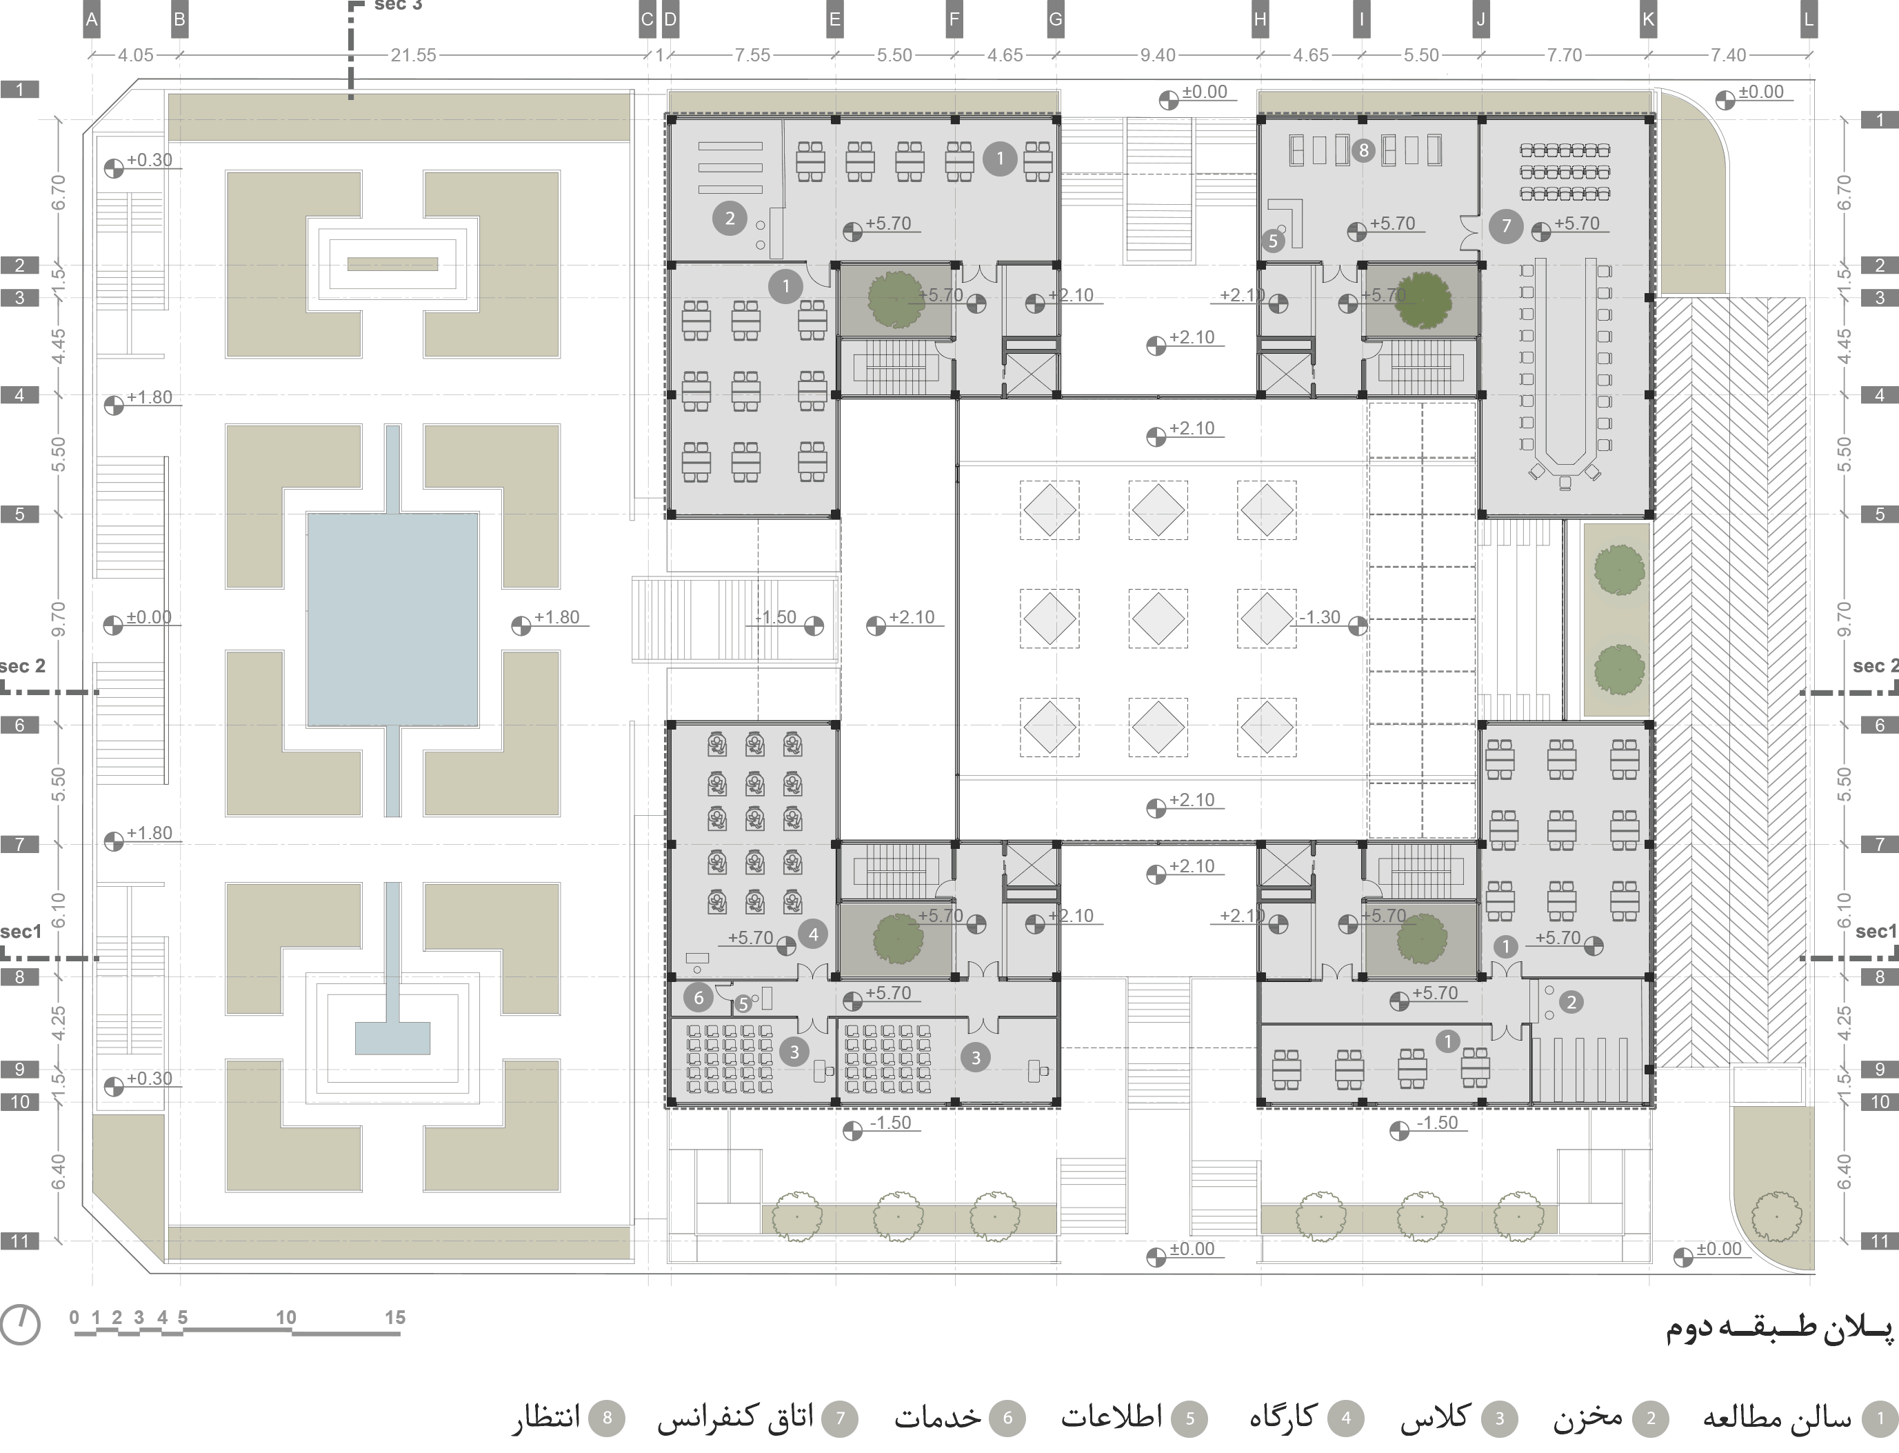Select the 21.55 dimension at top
pos(412,55)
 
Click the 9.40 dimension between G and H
pos(1157,55)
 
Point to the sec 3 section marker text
pos(397,6)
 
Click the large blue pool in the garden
pos(392,619)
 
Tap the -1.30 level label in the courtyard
pos(1320,617)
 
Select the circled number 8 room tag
pos(1363,151)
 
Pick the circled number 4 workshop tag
pos(813,934)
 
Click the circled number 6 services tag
pos(699,997)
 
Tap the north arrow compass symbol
pos(20,1325)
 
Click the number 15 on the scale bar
pos(395,1318)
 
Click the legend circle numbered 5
pos(1190,1419)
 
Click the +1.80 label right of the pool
pos(556,617)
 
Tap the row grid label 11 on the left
pos(20,1242)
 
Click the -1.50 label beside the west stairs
pos(776,617)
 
